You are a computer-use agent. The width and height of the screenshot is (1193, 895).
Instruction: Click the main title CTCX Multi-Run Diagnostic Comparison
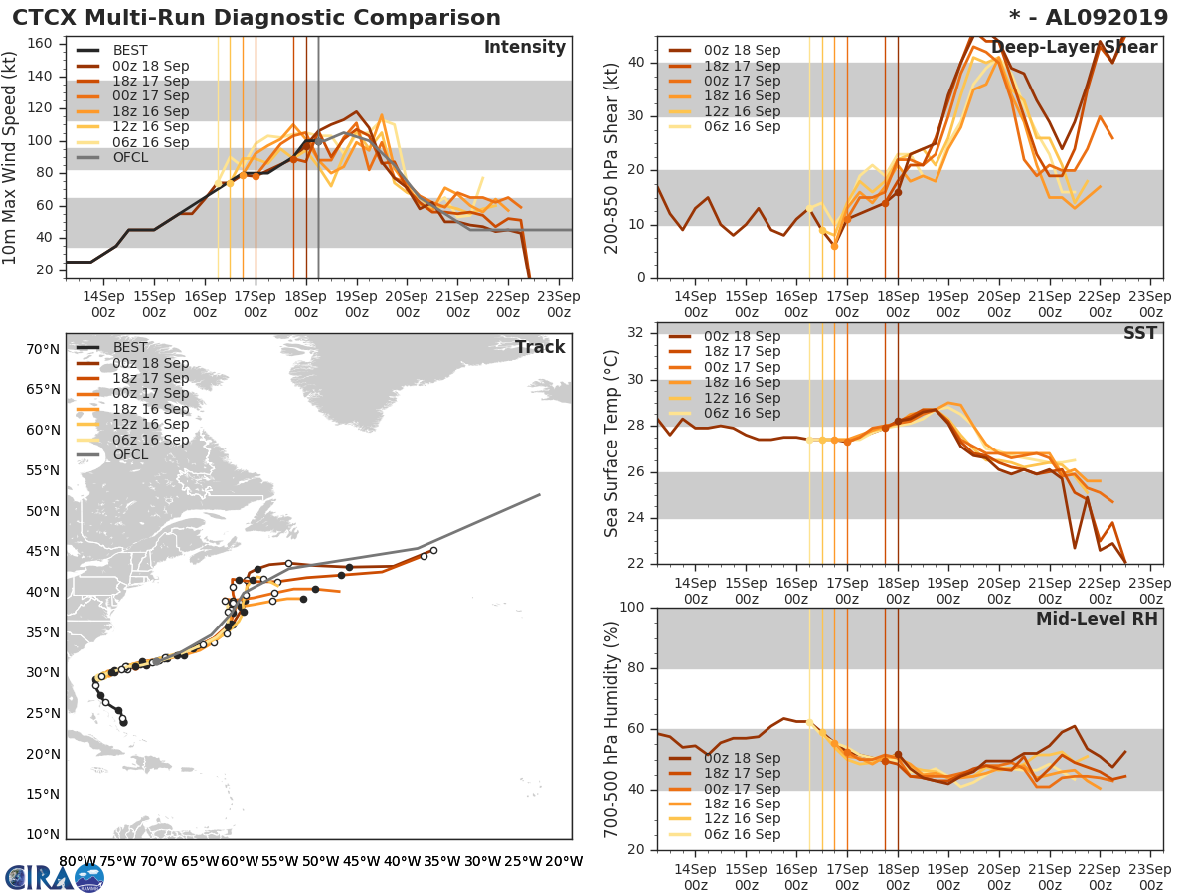click(x=256, y=18)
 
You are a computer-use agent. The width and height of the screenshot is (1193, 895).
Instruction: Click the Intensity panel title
click(x=524, y=48)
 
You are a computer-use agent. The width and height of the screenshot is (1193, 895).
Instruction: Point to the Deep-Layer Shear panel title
click(x=1074, y=48)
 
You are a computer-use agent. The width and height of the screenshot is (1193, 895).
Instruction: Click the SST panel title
click(x=1139, y=333)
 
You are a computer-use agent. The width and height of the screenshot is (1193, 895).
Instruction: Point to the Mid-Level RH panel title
click(x=1097, y=619)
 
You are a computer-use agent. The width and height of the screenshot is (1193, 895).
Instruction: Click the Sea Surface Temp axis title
click(x=613, y=443)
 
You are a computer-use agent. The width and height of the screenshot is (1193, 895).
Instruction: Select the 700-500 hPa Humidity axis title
click(x=613, y=728)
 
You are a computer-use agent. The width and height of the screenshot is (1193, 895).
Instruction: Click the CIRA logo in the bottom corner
click(x=54, y=877)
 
